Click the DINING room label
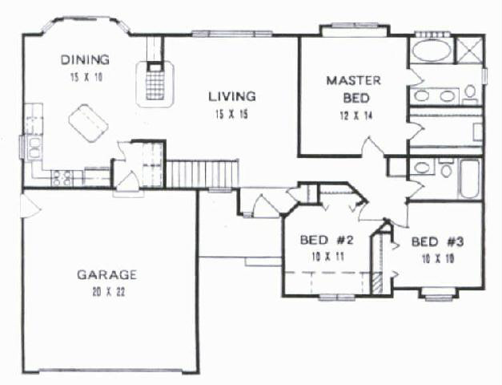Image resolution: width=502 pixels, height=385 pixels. (x=85, y=59)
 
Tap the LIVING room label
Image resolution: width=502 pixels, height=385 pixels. (x=232, y=96)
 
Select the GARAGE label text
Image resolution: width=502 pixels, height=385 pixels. (x=107, y=274)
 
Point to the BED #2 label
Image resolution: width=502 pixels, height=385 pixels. (x=327, y=240)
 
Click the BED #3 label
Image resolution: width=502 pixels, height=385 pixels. (x=437, y=241)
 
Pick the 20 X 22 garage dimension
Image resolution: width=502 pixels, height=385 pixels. (x=108, y=292)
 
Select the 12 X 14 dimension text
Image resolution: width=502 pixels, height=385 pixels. (x=356, y=115)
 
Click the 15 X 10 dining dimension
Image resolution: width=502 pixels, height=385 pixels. (x=86, y=77)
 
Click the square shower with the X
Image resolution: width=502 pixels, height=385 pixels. (x=468, y=50)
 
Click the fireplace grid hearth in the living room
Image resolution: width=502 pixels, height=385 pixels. (x=155, y=83)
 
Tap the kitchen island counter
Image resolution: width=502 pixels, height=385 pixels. (x=88, y=123)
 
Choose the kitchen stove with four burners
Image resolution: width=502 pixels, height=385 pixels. (x=62, y=178)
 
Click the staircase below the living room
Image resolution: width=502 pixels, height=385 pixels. (x=202, y=173)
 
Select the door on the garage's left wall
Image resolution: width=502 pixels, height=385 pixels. (x=30, y=207)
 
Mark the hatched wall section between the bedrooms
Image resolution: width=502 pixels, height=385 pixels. (x=378, y=282)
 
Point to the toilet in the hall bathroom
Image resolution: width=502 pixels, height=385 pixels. (x=446, y=168)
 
